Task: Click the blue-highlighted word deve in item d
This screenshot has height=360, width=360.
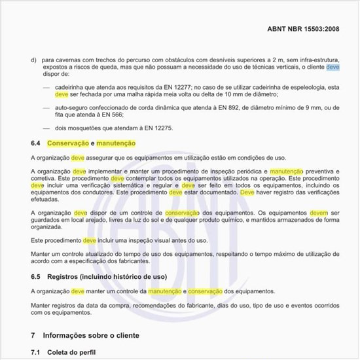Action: (333, 67)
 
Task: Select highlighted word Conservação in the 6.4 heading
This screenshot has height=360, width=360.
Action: (68, 143)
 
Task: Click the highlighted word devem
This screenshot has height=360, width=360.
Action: (318, 213)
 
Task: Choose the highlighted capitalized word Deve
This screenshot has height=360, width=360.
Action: (247, 192)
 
